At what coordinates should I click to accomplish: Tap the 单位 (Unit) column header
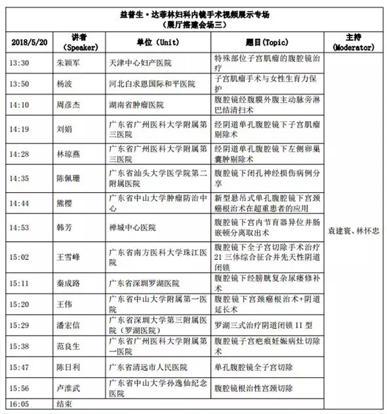pos(143,43)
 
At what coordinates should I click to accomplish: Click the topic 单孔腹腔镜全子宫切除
pos(257,367)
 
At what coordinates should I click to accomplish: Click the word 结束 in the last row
pos(64,405)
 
